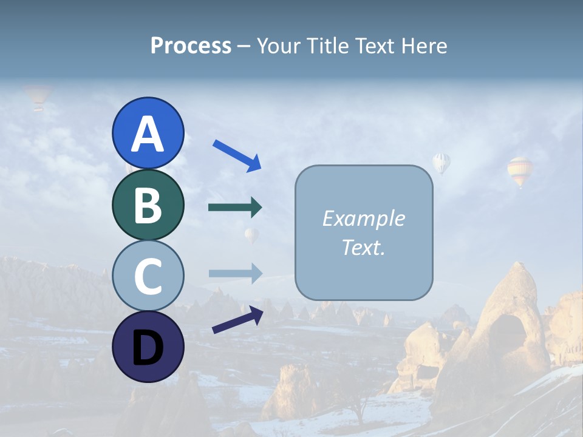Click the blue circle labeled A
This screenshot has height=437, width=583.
pyautogui.click(x=148, y=133)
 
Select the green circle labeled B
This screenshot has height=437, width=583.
pyautogui.click(x=148, y=205)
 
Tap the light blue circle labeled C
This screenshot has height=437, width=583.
pyautogui.click(x=148, y=276)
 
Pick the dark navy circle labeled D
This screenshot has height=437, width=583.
pyautogui.click(x=148, y=347)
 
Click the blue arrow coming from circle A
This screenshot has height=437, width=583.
pyautogui.click(x=237, y=155)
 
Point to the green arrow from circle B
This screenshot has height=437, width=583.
pyautogui.click(x=235, y=208)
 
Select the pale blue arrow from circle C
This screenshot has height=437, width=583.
pyautogui.click(x=235, y=273)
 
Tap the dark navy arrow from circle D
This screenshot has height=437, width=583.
pyautogui.click(x=237, y=320)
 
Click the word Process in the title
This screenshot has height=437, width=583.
pyautogui.click(x=191, y=46)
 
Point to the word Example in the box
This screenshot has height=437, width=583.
pyautogui.click(x=363, y=218)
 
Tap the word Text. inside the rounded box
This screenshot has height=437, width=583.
pyautogui.click(x=363, y=247)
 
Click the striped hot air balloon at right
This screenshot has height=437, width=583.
pyautogui.click(x=520, y=171)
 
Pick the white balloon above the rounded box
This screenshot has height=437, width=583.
pyautogui.click(x=442, y=163)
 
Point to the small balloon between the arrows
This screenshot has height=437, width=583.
pyautogui.click(x=251, y=235)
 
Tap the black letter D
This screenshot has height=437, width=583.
pyautogui.click(x=148, y=348)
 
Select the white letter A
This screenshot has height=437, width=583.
pyautogui.click(x=148, y=134)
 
